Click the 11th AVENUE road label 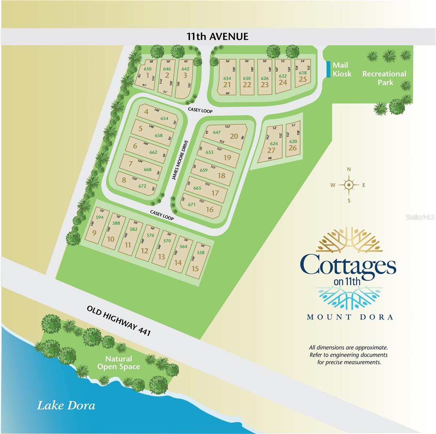(217, 37)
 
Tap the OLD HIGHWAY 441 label (118, 320)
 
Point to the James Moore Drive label (180, 160)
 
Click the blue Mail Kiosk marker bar (328, 69)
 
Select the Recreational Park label (384, 78)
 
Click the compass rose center (349, 185)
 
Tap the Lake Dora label (66, 405)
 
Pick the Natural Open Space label (119, 363)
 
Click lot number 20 (234, 136)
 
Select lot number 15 (195, 268)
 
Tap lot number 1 (148, 75)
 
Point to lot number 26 (292, 148)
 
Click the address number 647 (217, 132)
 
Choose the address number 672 (142, 186)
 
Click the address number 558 (201, 252)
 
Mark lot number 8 (124, 180)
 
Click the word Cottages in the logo (348, 266)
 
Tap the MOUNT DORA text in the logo (350, 317)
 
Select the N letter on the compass (349, 169)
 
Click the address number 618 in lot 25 (303, 73)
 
